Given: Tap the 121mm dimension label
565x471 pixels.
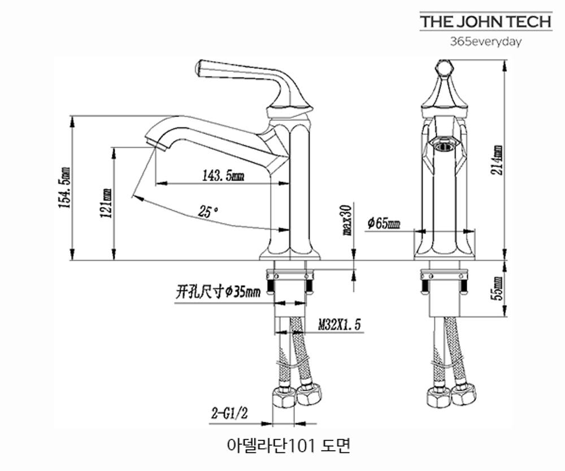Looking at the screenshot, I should [107, 202].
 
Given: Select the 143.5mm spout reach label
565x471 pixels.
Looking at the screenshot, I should [223, 176].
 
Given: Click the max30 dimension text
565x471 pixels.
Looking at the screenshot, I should [347, 219].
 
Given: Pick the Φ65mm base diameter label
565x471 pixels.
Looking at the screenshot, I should [384, 223].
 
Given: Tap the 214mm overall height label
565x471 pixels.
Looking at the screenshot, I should [497, 160].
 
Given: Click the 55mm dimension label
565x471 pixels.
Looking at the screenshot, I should [497, 288].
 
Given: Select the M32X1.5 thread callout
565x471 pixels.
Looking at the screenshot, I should [339, 325].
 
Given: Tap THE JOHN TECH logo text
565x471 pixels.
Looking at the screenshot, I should [485, 22].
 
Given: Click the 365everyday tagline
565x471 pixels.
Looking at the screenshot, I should [485, 41].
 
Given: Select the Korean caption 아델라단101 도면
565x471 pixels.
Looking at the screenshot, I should [288, 445].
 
